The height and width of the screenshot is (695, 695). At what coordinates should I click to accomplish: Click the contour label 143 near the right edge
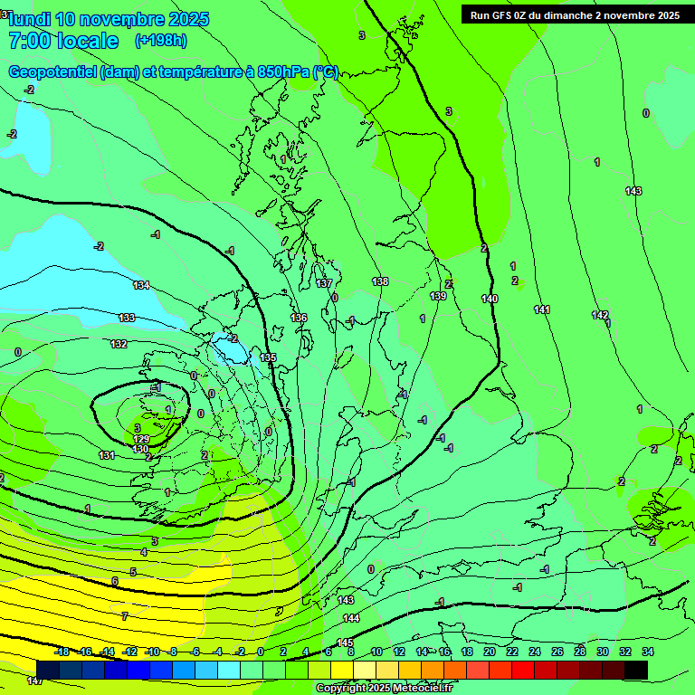pos(633,191)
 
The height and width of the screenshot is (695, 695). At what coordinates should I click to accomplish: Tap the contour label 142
pos(600,315)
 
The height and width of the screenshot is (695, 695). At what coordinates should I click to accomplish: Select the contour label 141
pos(542,310)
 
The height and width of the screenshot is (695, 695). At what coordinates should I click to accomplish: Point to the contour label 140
pos(490,299)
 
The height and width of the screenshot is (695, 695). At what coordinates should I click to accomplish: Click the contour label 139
pos(438,296)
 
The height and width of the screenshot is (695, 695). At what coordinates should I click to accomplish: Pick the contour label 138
pos(380,281)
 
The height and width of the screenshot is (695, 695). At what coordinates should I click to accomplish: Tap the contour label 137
pos(324,283)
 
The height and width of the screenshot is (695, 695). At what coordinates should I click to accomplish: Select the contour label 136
pos(300,318)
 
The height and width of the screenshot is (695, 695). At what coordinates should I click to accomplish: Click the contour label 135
pos(268,357)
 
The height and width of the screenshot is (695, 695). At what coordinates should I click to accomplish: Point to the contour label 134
pos(141,285)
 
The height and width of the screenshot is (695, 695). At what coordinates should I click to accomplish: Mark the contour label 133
pos(127,318)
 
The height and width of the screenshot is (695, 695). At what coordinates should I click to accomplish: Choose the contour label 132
pos(119,344)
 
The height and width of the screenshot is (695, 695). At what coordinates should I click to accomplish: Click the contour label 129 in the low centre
pos(141,439)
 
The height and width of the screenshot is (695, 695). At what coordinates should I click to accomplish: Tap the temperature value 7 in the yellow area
pos(125,615)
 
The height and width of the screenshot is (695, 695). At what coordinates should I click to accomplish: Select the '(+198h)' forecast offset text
pos(160,41)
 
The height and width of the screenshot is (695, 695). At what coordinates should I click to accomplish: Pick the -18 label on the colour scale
pos(62,652)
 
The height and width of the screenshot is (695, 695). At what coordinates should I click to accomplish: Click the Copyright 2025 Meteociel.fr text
pos(384,688)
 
